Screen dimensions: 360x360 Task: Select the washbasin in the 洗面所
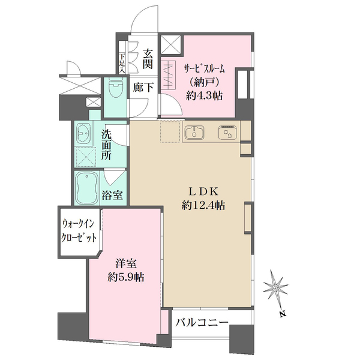[83, 133]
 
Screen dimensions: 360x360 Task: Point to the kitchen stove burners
[228, 132]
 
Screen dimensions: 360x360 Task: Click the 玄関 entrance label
[148, 59]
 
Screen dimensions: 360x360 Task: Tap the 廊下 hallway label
[143, 88]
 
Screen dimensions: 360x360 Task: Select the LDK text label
[203, 192]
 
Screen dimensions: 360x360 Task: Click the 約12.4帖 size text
[203, 205]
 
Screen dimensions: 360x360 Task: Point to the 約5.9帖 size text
[126, 277]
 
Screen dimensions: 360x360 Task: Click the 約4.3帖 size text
[204, 96]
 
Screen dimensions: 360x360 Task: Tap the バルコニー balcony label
[202, 323]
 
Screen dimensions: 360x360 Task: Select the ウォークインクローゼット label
[79, 231]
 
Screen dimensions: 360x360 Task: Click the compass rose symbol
[275, 287]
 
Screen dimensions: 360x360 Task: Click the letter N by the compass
[283, 314]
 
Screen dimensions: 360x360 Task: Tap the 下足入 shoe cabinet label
[122, 64]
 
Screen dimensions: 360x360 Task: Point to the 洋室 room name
[126, 264]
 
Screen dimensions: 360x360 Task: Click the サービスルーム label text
[204, 69]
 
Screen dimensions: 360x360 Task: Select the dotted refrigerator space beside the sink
[170, 131]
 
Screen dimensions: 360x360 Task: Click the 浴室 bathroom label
[112, 195]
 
